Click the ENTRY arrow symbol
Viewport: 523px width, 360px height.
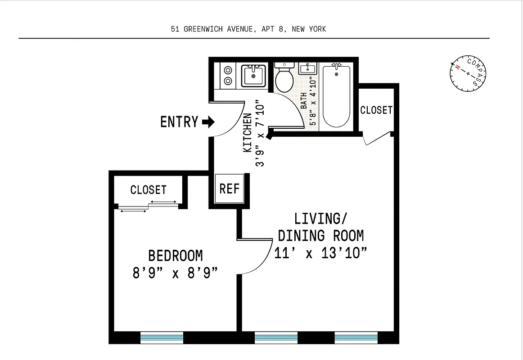[208, 122]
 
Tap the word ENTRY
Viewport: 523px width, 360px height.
[179, 122]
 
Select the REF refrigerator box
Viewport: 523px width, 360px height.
[229, 189]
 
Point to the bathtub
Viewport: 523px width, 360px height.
[336, 96]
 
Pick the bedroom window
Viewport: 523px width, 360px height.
[162, 337]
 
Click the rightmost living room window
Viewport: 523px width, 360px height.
[356, 337]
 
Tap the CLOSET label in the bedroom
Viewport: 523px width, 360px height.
[148, 190]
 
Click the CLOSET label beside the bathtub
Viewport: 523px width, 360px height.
[376, 110]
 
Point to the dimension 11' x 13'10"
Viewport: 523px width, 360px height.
[320, 253]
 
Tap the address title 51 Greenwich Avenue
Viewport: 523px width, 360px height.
[248, 29]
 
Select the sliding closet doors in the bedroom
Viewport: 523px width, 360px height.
[149, 207]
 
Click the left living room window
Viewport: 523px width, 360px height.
[276, 337]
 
